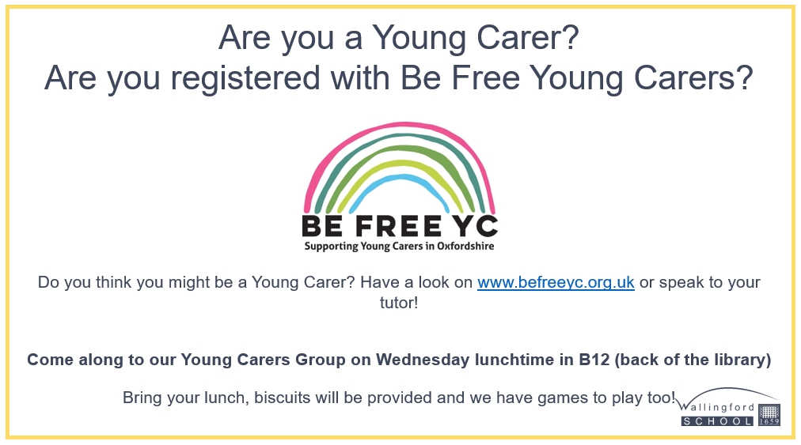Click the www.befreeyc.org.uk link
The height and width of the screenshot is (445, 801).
pyautogui.click(x=556, y=282)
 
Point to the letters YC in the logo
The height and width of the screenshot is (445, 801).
pyautogui.click(x=476, y=226)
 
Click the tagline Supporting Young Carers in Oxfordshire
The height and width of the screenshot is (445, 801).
pyautogui.click(x=400, y=247)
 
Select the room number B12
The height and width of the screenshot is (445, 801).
pyautogui.click(x=594, y=360)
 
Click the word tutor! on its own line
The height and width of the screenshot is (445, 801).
pyautogui.click(x=399, y=303)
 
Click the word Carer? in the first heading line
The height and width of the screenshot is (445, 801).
pyautogui.click(x=527, y=38)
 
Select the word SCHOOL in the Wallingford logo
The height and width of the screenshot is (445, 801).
pyautogui.click(x=717, y=421)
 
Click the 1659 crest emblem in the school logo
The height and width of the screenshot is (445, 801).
pyautogui.click(x=769, y=415)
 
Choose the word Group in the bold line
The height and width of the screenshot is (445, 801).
pyautogui.click(x=321, y=360)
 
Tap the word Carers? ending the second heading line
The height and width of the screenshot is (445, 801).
pyautogui.click(x=693, y=78)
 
